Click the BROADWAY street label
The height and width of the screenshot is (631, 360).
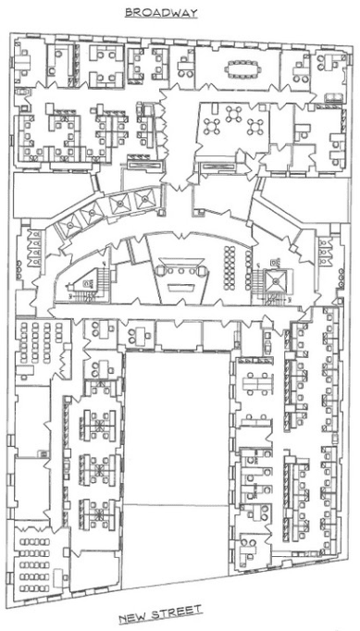tap(161, 13)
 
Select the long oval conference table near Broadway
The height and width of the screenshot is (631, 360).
tap(242, 68)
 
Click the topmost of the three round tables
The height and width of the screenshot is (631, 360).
tap(233, 114)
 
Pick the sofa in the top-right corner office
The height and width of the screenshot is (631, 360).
tap(334, 98)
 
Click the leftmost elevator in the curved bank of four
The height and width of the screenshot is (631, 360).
tap(69, 227)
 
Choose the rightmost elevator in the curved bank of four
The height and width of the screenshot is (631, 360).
tap(144, 198)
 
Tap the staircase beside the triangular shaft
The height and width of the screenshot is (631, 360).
tap(103, 281)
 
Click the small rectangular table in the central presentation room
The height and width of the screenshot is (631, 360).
tap(181, 288)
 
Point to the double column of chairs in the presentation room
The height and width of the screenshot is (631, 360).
tap(230, 267)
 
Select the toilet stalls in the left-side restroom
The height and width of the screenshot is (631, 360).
tap(34, 248)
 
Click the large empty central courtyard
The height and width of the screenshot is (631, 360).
tap(177, 467)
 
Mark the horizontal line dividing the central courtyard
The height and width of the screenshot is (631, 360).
tap(177, 504)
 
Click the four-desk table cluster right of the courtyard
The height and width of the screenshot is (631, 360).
tap(256, 382)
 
